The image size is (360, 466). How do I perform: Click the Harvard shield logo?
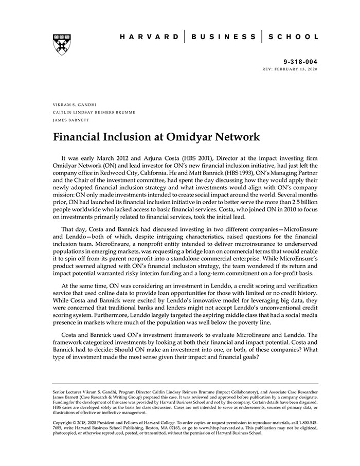click(x=62, y=44)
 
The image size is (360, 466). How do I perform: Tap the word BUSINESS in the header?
click(x=223, y=37)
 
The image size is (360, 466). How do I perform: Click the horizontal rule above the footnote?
click(x=185, y=384)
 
